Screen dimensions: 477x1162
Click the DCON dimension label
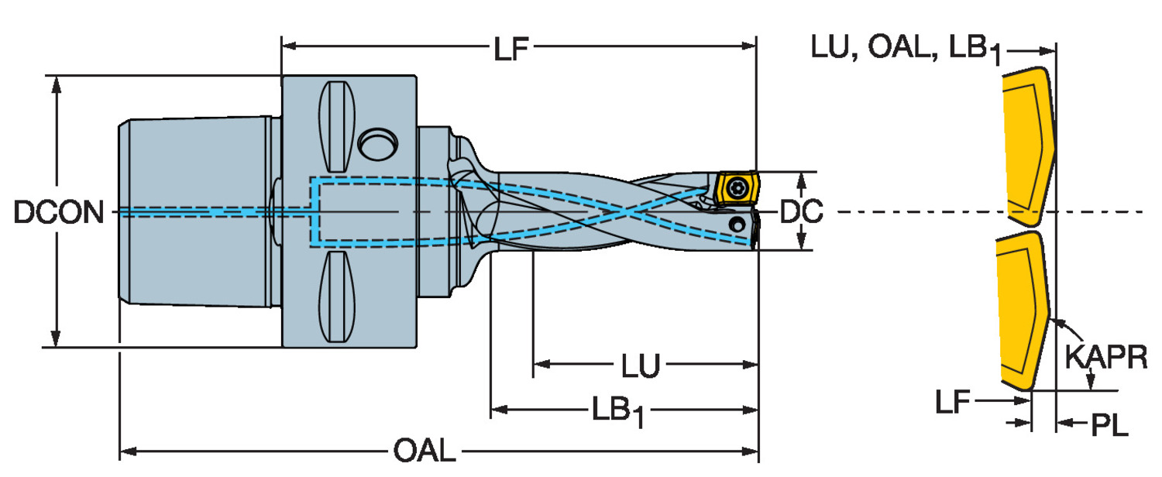click(59, 212)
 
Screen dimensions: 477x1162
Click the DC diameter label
click(801, 212)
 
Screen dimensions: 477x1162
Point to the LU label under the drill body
click(641, 365)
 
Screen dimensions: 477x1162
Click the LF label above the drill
click(511, 50)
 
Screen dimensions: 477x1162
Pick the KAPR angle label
click(1106, 358)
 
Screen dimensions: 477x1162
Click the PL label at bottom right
click(1109, 425)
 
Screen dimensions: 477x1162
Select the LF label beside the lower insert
click(953, 401)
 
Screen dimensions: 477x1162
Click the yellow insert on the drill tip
click(735, 188)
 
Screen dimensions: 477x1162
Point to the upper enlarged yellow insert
click(1027, 143)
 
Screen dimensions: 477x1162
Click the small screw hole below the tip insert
click(737, 225)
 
